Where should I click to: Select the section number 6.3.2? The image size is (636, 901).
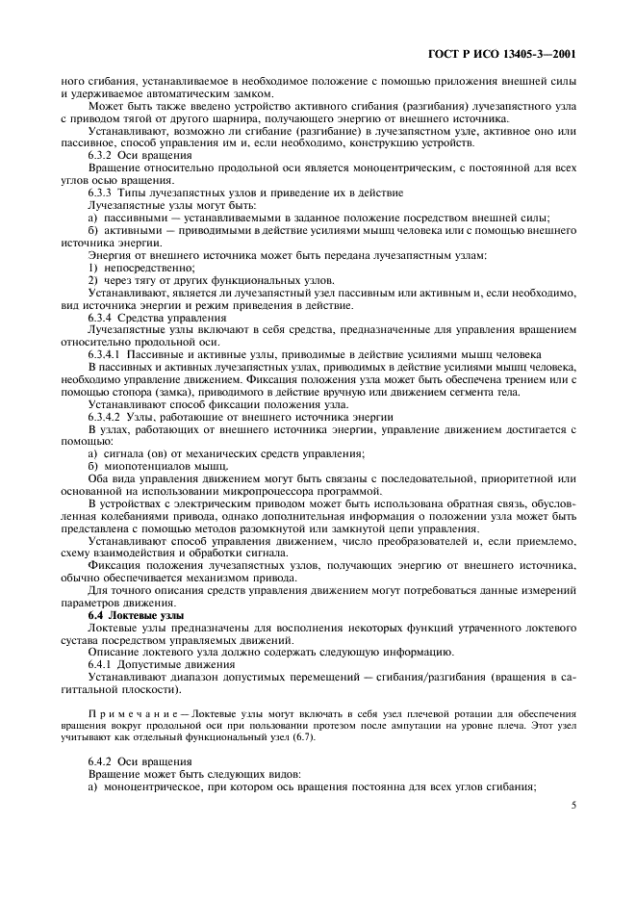coord(101,155)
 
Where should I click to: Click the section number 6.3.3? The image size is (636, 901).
coord(101,193)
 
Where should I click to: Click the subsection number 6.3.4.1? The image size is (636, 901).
coord(105,355)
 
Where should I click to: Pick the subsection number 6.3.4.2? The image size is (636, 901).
coord(105,418)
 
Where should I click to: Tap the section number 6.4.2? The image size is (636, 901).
coord(101,761)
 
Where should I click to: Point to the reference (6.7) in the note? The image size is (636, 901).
coord(311,736)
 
